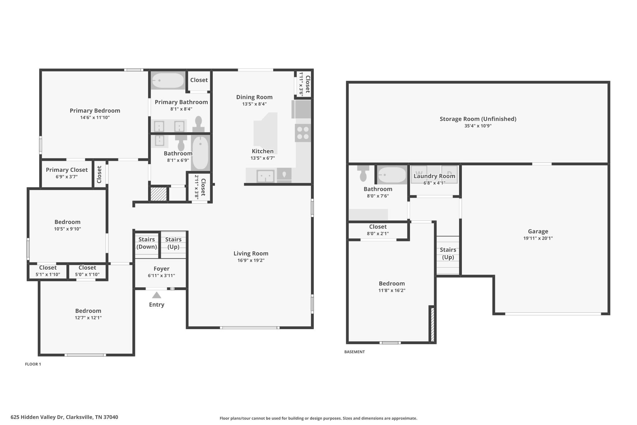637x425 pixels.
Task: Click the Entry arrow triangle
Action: point(156,295)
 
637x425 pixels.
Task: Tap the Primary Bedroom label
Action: point(95,111)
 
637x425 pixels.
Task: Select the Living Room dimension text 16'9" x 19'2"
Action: point(251,260)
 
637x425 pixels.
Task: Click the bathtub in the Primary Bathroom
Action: point(168,81)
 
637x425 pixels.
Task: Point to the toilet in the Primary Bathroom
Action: point(198,124)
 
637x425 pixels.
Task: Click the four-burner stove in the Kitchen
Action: point(303,133)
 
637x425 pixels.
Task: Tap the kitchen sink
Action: point(265,176)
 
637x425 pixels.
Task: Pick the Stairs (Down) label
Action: point(146,243)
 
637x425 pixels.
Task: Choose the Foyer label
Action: point(161,269)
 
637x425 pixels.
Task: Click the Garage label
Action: point(538,231)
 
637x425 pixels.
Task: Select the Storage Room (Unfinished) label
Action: point(478,119)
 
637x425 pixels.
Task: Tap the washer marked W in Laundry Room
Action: point(419,174)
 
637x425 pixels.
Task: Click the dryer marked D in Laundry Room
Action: point(449,174)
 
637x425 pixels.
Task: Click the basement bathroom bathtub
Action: point(392,175)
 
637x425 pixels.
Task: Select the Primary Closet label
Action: point(67,170)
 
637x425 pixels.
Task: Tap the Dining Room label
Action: point(254,97)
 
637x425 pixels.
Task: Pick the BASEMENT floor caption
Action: point(355,352)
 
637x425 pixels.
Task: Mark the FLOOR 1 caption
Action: point(33,364)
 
